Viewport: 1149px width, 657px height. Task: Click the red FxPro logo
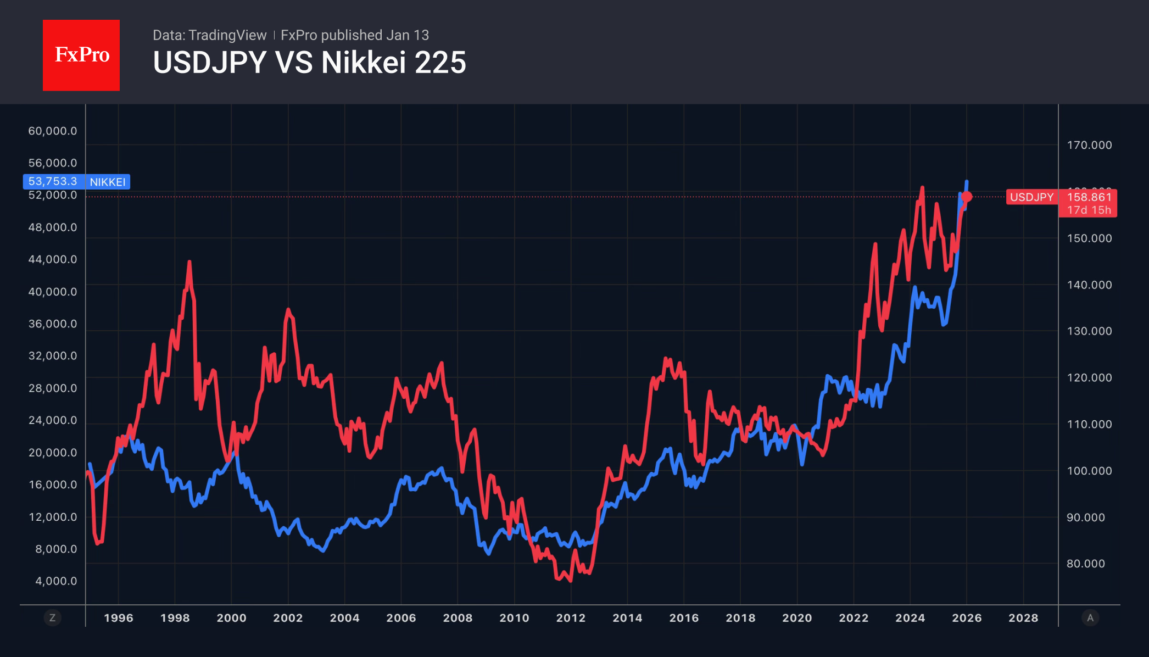point(81,55)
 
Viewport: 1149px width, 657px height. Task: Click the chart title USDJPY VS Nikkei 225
point(309,63)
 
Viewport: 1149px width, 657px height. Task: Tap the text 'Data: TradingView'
point(209,35)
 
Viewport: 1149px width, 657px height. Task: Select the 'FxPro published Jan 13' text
point(355,35)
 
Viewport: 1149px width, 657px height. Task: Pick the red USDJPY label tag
point(1031,197)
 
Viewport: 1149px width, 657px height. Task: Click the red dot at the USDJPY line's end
point(967,197)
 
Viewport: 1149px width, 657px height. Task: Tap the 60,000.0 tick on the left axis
point(53,131)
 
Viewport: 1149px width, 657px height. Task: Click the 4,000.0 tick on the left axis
point(56,581)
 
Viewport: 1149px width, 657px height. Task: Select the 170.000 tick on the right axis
point(1089,145)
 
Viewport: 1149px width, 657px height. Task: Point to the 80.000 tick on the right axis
point(1085,564)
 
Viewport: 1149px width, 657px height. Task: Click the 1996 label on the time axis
point(119,618)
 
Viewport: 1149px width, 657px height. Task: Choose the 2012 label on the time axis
point(571,618)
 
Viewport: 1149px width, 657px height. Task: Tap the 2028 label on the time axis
point(1023,618)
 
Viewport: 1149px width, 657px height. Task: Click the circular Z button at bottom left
point(53,618)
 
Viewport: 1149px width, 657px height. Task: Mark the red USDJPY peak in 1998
point(189,263)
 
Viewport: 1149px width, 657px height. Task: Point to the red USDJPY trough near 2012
point(570,580)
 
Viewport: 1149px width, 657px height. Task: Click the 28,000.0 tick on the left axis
point(53,388)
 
